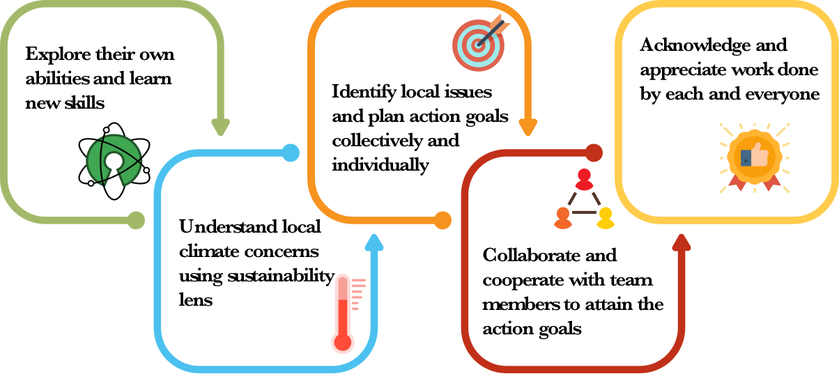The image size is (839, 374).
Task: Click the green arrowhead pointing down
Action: [220, 127]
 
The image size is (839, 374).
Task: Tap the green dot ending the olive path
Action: [136, 220]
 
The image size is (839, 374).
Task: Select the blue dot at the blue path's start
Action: [291, 153]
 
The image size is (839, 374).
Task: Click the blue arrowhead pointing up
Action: [374, 242]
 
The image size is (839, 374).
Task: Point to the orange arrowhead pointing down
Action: [528, 127]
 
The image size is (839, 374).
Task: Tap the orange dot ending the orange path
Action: [442, 220]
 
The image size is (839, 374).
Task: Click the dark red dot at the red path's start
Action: [594, 153]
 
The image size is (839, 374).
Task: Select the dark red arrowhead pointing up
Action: [681, 242]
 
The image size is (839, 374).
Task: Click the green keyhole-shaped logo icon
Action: [114, 159]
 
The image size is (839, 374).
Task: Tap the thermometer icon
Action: [344, 313]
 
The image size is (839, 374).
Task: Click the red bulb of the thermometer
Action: [342, 342]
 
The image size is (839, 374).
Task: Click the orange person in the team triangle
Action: [563, 218]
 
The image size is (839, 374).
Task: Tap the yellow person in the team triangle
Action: [606, 218]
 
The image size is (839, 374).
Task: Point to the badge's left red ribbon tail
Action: [737, 183]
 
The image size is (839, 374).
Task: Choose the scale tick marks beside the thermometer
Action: [357, 293]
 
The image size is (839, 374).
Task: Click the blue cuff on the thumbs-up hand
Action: [746, 158]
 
